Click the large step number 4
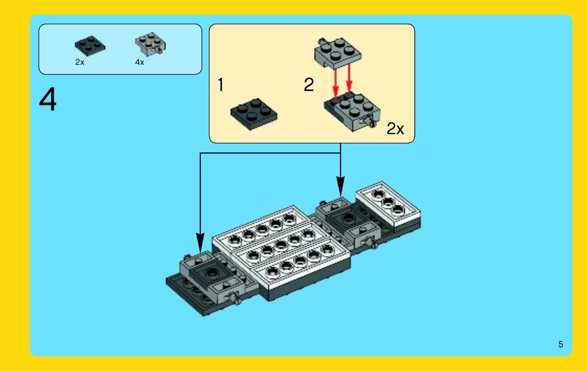pos(48,100)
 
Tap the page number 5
pos(560,344)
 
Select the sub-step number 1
pos(220,84)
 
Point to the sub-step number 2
pos(308,84)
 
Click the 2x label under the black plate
pos(80,62)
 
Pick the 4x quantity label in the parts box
pos(140,62)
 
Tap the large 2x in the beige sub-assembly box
pos(395,129)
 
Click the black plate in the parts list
pos(90,46)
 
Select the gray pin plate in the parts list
pos(151,43)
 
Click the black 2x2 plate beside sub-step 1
pos(254,114)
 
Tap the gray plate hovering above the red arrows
pos(337,52)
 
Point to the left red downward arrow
pos(336,83)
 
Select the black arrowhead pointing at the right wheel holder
pos(340,186)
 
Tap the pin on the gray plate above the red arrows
pos(321,42)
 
